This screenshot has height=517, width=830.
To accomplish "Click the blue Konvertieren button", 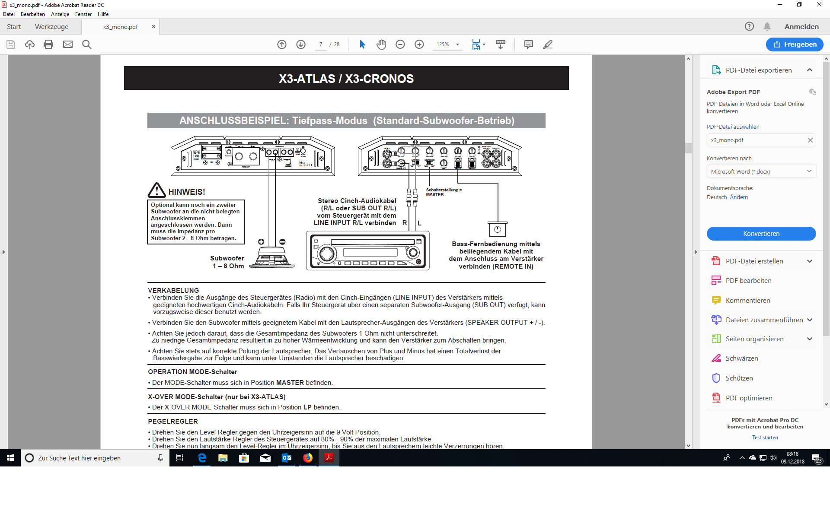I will pyautogui.click(x=761, y=234).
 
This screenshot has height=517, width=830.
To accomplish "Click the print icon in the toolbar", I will pyautogui.click(x=48, y=44).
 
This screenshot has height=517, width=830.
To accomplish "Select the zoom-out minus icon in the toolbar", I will pyautogui.click(x=400, y=44).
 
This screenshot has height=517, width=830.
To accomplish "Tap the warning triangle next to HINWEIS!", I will pyautogui.click(x=156, y=190).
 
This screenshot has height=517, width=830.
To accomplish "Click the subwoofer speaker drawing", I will pyautogui.click(x=272, y=258).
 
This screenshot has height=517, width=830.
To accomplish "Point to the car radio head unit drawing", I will pyautogui.click(x=368, y=251).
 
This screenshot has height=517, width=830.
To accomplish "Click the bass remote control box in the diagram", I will pyautogui.click(x=497, y=229).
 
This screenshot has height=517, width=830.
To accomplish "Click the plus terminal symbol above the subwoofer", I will pyautogui.click(x=261, y=242).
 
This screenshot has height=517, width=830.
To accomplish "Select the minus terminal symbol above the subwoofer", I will pyautogui.click(x=282, y=242).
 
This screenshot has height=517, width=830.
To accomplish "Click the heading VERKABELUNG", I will pyautogui.click(x=173, y=291).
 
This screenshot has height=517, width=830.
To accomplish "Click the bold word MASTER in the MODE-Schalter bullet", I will pyautogui.click(x=290, y=383).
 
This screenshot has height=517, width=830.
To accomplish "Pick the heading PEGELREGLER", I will pyautogui.click(x=173, y=422).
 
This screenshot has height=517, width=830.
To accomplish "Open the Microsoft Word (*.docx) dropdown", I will pyautogui.click(x=761, y=171).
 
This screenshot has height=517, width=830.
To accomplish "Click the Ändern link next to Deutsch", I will pyautogui.click(x=739, y=197).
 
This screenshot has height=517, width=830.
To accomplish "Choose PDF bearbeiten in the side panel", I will pyautogui.click(x=748, y=281).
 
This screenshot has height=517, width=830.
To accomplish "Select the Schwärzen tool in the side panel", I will pyautogui.click(x=741, y=358).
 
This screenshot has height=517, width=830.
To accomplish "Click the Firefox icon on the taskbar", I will pyautogui.click(x=308, y=458).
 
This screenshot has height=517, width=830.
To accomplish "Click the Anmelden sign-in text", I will pyautogui.click(x=801, y=27).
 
